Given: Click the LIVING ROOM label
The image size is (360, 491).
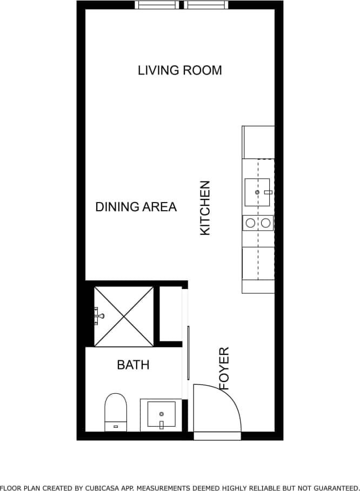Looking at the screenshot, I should pos(179,70).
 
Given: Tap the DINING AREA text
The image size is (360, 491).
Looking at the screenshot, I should pos(136,207).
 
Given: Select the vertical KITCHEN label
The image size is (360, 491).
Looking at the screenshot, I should pos(205,208).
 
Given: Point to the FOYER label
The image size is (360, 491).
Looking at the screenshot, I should pos(224,368).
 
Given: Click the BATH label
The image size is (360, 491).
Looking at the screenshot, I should pos(133,365).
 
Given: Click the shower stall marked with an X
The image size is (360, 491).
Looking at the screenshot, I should pos(124,316).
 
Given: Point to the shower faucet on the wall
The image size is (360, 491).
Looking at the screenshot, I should pos(98,315).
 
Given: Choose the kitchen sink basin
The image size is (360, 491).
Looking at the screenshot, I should pos(257,192).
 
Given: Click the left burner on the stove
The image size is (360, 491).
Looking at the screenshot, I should pos(250,223).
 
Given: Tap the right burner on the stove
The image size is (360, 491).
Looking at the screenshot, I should pos(265,223).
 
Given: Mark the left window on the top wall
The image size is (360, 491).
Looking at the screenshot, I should pos(157,5).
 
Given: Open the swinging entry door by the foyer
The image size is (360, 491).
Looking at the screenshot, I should pos(217,409).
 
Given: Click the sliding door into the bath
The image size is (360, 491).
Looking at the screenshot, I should pos(188,354).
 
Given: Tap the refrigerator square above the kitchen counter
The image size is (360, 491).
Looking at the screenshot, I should pos(258,142).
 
